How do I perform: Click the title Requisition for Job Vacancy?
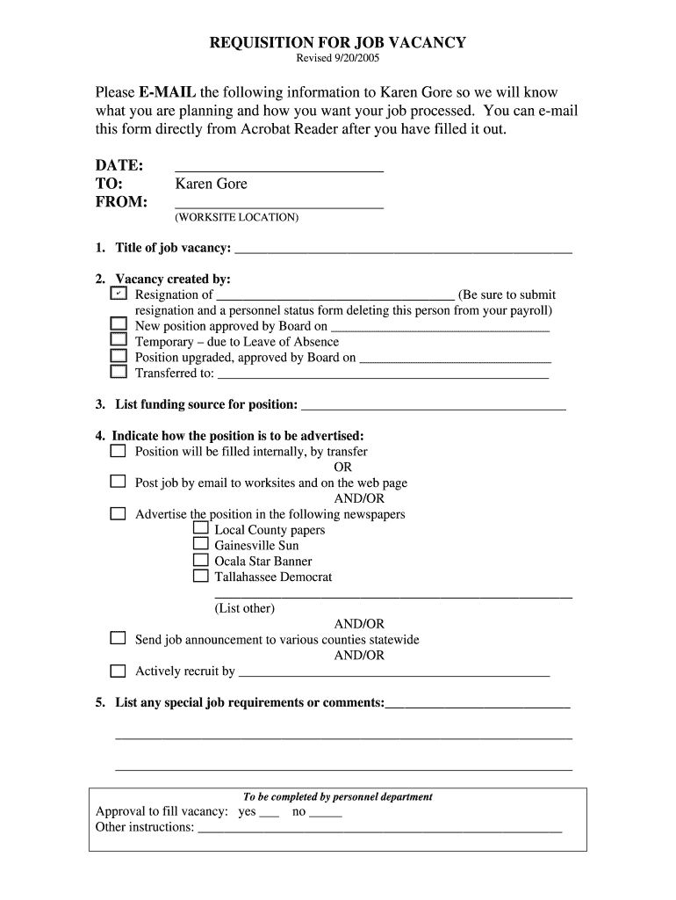point(337,42)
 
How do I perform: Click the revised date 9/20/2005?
point(337,59)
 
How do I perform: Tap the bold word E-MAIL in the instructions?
point(167,92)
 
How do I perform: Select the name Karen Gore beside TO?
point(211,184)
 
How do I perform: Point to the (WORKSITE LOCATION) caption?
point(236,217)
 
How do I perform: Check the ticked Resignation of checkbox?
point(119,294)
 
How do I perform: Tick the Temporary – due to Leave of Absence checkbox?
point(119,341)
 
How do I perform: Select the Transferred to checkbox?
point(119,372)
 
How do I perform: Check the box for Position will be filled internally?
point(118,451)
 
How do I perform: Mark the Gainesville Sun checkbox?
point(200,545)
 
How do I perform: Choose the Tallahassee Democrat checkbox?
point(200,577)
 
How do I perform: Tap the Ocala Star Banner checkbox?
point(200,561)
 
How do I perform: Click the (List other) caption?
point(244,608)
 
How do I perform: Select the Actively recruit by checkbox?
point(118,671)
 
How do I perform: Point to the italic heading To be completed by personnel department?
point(337,797)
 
